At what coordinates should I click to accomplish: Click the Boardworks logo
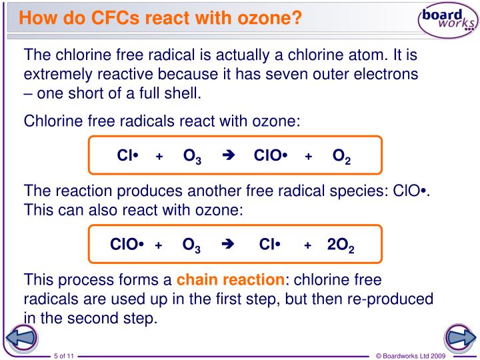(x=447, y=22)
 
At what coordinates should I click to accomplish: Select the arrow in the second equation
(x=227, y=244)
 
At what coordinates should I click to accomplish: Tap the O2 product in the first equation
(x=341, y=157)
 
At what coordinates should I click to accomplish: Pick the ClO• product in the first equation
(x=270, y=156)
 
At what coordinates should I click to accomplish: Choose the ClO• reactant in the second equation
(x=127, y=244)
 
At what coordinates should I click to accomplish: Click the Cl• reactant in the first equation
(x=127, y=156)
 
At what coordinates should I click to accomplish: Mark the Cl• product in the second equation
(x=269, y=244)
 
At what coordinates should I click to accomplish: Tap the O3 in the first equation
(x=192, y=157)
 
